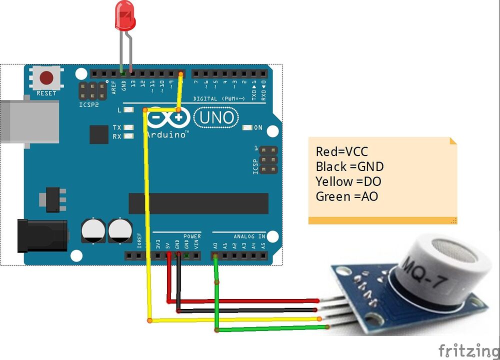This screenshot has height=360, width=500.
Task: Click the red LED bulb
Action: click(124, 14)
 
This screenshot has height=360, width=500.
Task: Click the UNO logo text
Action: click(216, 118)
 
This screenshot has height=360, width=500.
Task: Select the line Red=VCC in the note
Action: click(342, 152)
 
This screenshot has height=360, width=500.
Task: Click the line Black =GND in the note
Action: click(349, 166)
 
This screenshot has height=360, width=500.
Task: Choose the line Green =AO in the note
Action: click(346, 196)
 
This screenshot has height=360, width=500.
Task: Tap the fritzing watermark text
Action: click(468, 349)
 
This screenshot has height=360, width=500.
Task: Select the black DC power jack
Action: click(42, 235)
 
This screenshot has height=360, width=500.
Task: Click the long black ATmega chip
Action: click(198, 203)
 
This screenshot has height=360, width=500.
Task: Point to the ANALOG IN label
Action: click(249, 236)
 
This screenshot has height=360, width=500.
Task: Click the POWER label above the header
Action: click(192, 236)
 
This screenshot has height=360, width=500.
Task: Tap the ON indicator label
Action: click(258, 128)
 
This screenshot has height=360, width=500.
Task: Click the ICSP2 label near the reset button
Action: click(89, 105)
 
